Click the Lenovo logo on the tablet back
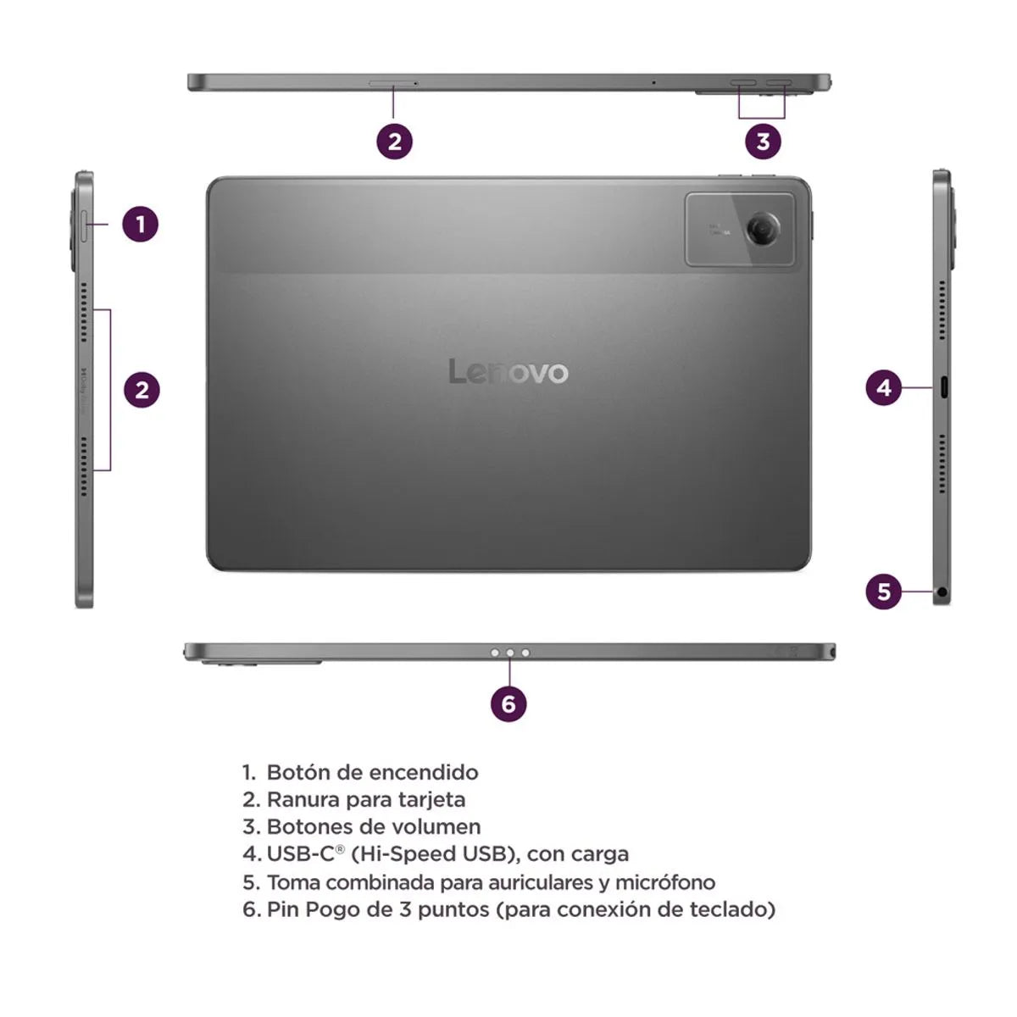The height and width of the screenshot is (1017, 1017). click(x=508, y=371)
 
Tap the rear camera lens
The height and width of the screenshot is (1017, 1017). click(x=763, y=227)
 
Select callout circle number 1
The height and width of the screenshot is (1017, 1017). click(x=141, y=225)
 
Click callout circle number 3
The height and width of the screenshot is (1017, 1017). click(x=763, y=142)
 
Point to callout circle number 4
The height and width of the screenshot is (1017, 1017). click(x=884, y=388)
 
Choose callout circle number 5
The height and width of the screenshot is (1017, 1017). click(x=884, y=591)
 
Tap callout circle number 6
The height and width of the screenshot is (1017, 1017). click(x=508, y=703)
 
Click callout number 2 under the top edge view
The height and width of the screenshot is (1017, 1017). click(x=394, y=142)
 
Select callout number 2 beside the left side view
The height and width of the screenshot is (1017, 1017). click(x=142, y=390)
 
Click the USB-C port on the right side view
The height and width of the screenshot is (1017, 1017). click(x=942, y=389)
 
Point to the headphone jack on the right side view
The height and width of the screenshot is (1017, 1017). click(x=942, y=592)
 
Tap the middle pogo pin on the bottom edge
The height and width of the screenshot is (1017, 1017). click(x=509, y=653)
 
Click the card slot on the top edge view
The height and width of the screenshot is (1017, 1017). click(x=392, y=83)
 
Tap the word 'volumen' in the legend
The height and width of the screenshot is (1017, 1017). click(x=441, y=826)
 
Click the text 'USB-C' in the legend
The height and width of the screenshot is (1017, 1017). click(x=301, y=853)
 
